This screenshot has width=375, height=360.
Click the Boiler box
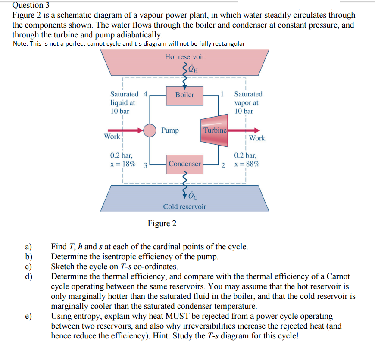click(x=184, y=96)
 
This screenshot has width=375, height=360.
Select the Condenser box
click(x=184, y=164)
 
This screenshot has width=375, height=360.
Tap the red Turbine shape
click(x=214, y=130)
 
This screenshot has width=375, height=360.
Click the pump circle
click(x=150, y=130)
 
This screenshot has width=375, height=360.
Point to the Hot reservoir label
click(x=184, y=56)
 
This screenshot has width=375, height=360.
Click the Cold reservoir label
click(x=184, y=207)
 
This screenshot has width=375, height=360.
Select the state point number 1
click(x=222, y=94)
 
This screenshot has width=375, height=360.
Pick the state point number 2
click(x=223, y=165)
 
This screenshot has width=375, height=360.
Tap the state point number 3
click(x=145, y=165)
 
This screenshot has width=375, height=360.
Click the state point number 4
click(x=145, y=94)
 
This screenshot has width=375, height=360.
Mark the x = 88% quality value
click(x=247, y=164)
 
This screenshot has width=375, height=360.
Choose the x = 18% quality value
click(x=123, y=164)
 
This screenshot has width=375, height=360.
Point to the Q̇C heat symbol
click(x=193, y=196)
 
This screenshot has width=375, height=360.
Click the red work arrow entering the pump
click(x=125, y=130)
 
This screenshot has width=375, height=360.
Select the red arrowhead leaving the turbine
click(x=257, y=130)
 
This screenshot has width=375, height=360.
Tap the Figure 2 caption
click(x=162, y=223)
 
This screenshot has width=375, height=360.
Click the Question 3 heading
click(x=31, y=5)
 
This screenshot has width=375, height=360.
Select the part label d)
click(x=29, y=276)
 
